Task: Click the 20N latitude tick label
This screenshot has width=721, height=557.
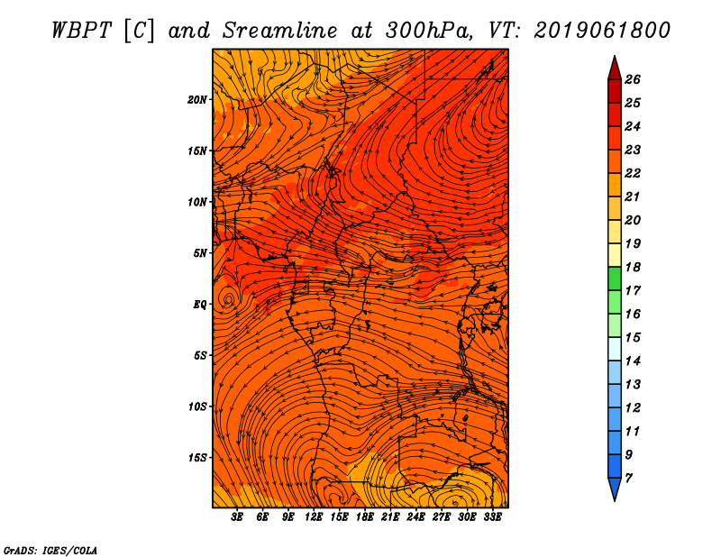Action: tap(197, 100)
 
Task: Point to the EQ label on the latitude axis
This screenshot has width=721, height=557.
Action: tap(199, 305)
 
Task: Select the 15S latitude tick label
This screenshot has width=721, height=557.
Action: tap(197, 458)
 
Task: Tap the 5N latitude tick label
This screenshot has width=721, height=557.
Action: tap(200, 253)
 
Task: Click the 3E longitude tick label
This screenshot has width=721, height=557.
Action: tap(237, 516)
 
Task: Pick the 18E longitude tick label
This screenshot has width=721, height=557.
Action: tap(365, 516)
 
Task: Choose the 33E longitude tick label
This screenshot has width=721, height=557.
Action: tap(492, 516)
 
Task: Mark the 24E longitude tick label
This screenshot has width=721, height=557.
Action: tap(415, 516)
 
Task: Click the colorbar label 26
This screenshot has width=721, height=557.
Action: tap(633, 79)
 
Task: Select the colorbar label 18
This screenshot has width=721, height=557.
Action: tap(633, 267)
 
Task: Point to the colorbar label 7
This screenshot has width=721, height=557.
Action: tap(629, 479)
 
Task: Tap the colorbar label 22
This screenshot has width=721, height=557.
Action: tap(633, 173)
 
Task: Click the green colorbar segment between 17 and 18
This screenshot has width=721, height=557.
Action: tap(615, 278)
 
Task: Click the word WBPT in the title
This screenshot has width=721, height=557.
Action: tap(82, 31)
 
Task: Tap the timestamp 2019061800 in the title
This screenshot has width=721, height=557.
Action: tap(602, 31)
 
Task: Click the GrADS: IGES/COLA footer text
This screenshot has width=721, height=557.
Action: tap(50, 551)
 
